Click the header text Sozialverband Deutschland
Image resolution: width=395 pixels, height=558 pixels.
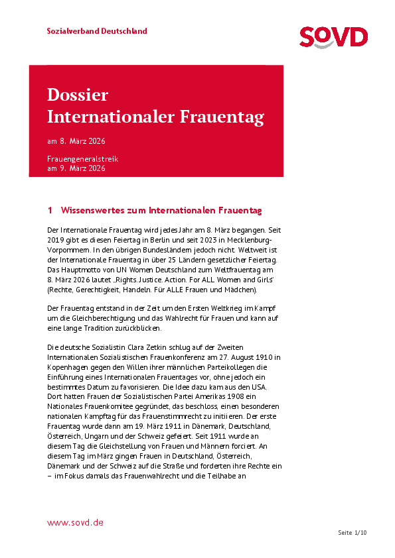(x=97, y=31)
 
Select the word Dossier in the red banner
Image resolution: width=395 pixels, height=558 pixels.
(x=78, y=95)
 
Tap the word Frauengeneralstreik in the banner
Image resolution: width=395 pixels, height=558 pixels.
(x=82, y=160)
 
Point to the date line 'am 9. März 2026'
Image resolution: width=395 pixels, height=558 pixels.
(x=76, y=168)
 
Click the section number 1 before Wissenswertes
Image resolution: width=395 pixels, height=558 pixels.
(x=50, y=210)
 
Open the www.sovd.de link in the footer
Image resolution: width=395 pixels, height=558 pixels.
(x=75, y=523)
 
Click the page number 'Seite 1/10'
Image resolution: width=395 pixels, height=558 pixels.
(x=352, y=533)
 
